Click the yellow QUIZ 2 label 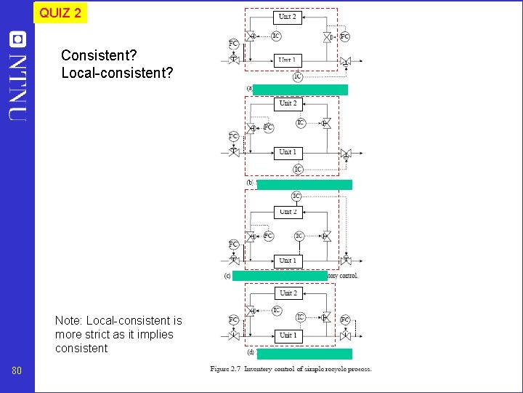(60, 12)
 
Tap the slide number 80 (17, 372)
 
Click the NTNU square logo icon (17, 39)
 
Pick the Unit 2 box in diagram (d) (288, 293)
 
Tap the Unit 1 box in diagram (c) (288, 260)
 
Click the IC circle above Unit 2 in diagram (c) (296, 196)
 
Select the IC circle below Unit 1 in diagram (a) (298, 76)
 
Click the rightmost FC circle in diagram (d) (345, 319)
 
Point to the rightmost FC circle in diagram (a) (344, 36)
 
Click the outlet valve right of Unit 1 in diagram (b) (346, 154)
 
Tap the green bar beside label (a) (301, 90)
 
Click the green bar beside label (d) (304, 354)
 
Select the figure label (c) (227, 276)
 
